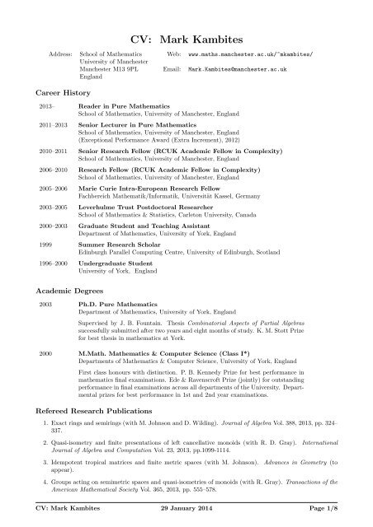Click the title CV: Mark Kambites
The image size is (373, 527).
coord(186,38)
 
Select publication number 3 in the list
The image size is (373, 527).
coord(190,450)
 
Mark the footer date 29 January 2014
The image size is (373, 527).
coord(185,514)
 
